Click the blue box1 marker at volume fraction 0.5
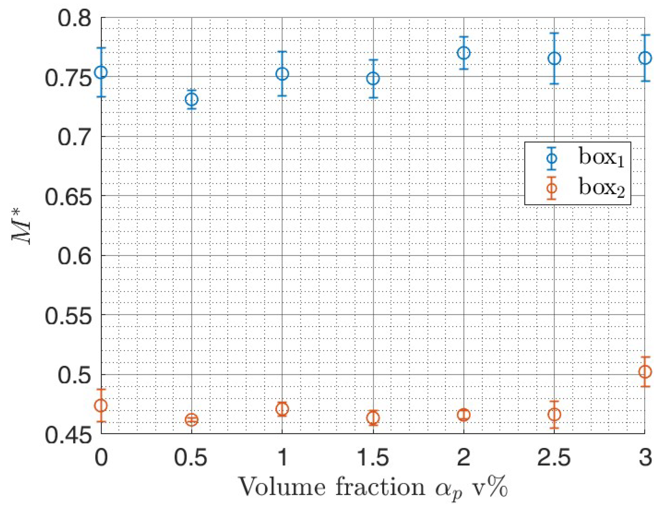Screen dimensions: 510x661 click(192, 99)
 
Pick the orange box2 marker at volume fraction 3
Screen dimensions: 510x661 click(645, 371)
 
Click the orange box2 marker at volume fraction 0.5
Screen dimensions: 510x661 click(192, 420)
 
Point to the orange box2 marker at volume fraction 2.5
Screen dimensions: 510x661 click(554, 414)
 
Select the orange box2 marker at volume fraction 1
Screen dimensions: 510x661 click(282, 409)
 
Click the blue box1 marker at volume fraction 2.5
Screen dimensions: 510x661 click(554, 58)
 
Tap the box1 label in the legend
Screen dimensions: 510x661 click(601, 158)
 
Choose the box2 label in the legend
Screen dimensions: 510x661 click(601, 188)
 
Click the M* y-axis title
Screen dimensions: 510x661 click(22, 225)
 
